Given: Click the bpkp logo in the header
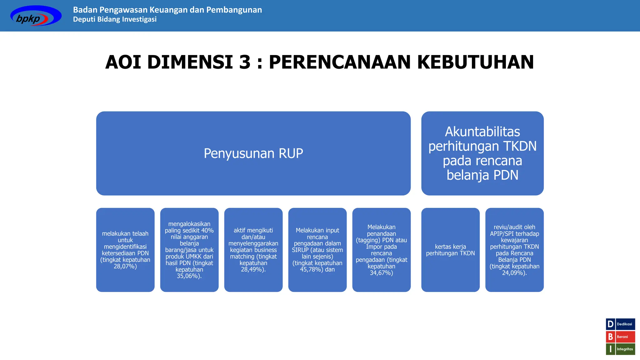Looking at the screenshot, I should pos(36,16).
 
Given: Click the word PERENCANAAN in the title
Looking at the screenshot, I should pos(339,62).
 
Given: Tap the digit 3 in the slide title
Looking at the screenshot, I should pos(245,62).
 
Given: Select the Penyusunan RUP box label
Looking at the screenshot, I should pos(253,153).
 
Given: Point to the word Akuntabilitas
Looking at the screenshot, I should pos(482,132).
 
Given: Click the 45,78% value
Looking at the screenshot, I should pos(311,270).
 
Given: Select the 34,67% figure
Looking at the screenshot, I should pos(381,273).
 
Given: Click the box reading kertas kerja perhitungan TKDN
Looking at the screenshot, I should pos(450,250).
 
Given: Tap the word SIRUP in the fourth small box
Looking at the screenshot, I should pos(300,250).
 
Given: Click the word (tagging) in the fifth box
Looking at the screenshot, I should pos(368,240).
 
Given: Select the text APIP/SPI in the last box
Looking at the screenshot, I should pos(502,234).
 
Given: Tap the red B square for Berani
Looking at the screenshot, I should pos(610,337).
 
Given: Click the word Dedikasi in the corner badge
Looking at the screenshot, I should pos(624,324).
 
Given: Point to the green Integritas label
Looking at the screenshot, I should pos(625,349).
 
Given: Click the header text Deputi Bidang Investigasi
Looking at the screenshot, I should pos(115,19).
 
